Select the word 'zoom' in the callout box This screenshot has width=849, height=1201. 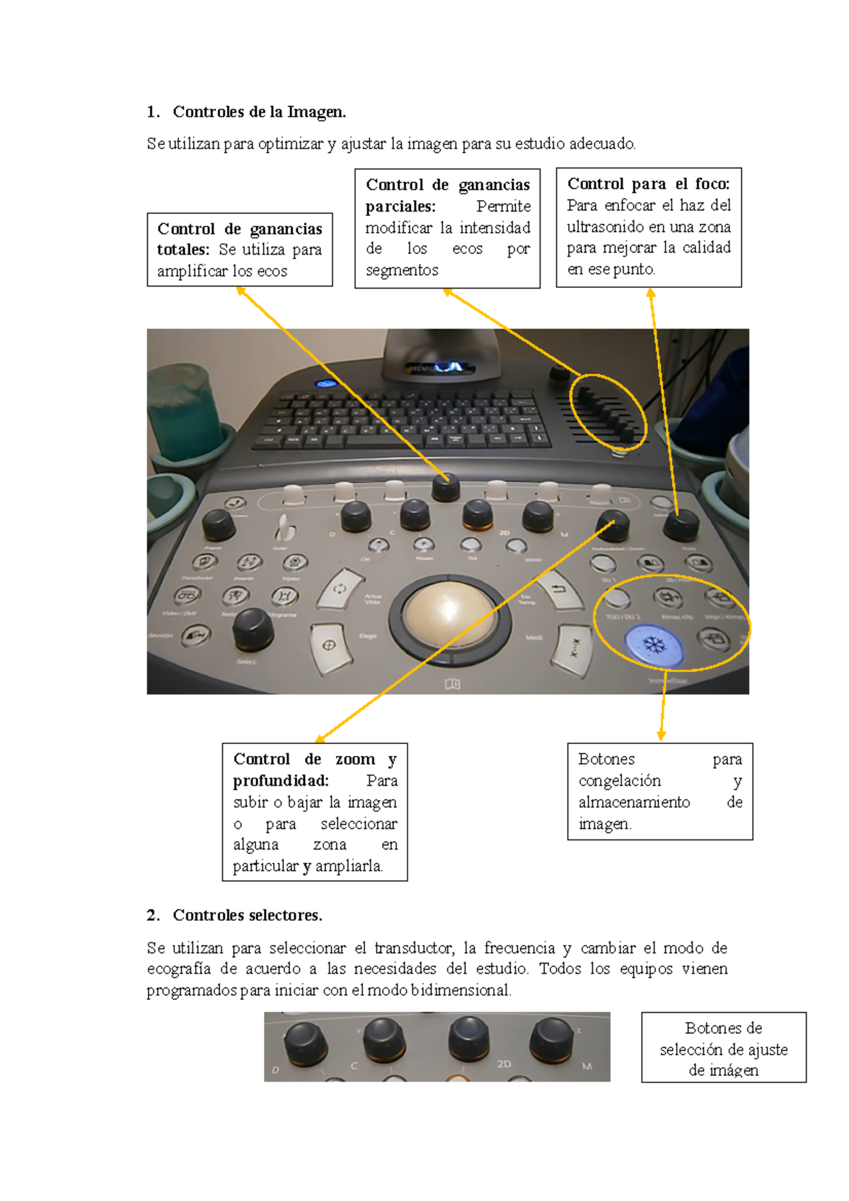(x=354, y=760)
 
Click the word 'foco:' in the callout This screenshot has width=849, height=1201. (x=712, y=184)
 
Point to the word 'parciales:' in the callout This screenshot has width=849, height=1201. (x=400, y=207)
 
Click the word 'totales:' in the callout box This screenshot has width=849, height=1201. (x=183, y=250)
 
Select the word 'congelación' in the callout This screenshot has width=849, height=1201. (x=619, y=781)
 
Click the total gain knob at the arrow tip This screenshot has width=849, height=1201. (x=446, y=487)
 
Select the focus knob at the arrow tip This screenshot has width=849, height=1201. (x=681, y=525)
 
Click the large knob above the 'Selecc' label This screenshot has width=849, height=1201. (x=253, y=629)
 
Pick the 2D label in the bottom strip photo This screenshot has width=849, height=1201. (x=504, y=1064)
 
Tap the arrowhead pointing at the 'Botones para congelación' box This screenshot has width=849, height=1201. (x=661, y=736)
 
